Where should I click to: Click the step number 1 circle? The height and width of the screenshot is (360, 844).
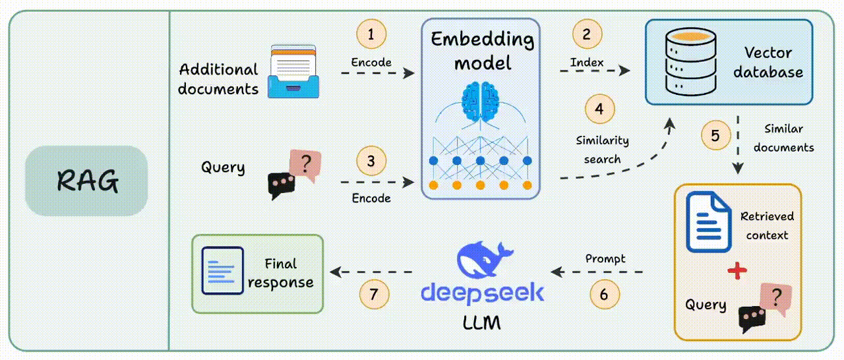pos(371,34)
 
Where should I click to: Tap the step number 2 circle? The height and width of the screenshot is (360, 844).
pos(586,34)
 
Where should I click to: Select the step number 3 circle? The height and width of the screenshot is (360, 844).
pos(371,161)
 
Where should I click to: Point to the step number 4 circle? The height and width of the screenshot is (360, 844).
pos(599,109)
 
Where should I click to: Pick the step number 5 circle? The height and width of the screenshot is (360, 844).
pos(715,136)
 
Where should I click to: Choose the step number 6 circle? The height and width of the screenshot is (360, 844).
pos(604,294)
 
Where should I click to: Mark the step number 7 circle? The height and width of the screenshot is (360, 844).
pos(374,294)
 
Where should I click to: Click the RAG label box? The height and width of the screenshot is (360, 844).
pos(86,181)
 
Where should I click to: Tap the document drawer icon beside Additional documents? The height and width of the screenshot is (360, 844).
pos(292,71)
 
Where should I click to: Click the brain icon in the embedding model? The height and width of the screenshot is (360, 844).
pos(481,100)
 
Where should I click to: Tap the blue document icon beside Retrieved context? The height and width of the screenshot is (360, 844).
pos(708,222)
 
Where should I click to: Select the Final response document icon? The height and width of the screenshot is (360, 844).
pos(223,270)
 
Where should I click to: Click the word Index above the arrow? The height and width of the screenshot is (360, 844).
pos(586,63)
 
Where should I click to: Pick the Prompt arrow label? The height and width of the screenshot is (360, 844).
pos(605,258)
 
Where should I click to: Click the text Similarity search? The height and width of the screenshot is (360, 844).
pos(602,150)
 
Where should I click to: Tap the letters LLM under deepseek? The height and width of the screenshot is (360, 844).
pos(481,323)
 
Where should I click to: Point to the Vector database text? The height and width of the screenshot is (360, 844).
pos(768,62)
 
